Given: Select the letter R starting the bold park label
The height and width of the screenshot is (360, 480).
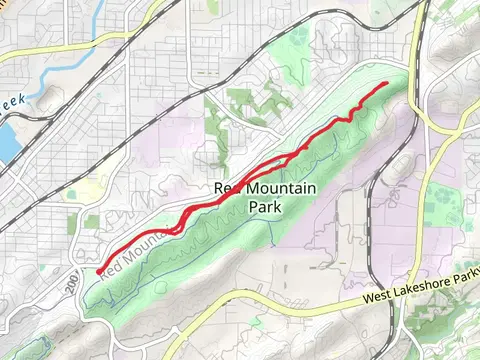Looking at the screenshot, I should click(220, 188).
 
